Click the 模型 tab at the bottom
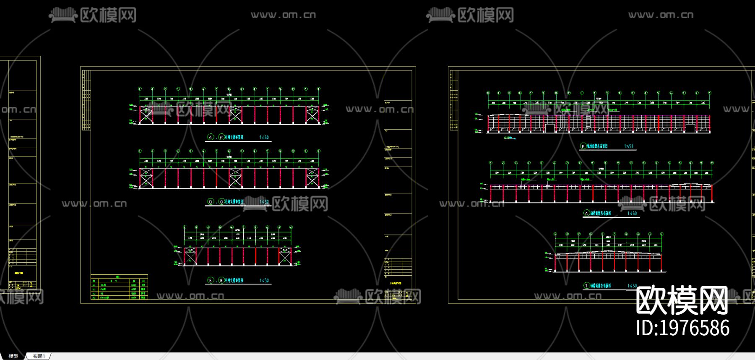(x=13, y=356)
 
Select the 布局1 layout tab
(x=39, y=356)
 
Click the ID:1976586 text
(x=683, y=328)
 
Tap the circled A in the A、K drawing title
(x=211, y=137)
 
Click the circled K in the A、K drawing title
(x=221, y=137)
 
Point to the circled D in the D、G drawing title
(x=211, y=202)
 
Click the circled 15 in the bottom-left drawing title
(x=211, y=280)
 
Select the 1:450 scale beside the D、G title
(x=264, y=202)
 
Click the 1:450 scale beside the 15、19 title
(x=264, y=280)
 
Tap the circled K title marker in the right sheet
(x=583, y=146)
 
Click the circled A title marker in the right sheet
(x=586, y=213)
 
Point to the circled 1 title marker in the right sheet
(x=586, y=286)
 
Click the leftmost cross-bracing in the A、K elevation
(x=146, y=115)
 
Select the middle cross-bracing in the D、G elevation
(x=235, y=178)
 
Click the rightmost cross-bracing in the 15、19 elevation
(x=285, y=256)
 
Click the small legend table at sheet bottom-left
(x=120, y=287)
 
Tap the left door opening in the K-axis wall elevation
(x=550, y=128)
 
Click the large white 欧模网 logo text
(x=682, y=300)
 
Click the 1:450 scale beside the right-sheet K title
(x=628, y=146)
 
